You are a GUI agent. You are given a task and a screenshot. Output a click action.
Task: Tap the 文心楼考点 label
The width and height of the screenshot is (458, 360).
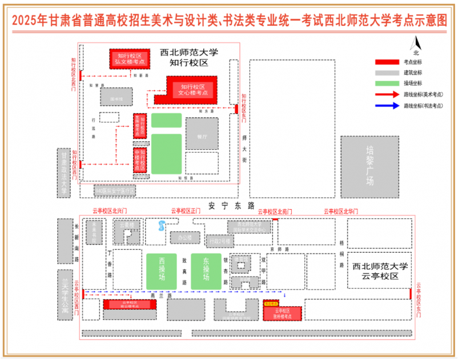pyautogui.click(x=192, y=89)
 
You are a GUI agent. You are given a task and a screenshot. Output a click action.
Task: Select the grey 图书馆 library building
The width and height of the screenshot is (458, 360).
pyautogui.click(x=116, y=98)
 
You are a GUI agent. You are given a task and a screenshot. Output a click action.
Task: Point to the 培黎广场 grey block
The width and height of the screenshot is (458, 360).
pyautogui.click(x=369, y=166)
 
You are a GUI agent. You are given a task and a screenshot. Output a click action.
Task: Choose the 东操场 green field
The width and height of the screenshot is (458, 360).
pyautogui.click(x=205, y=271)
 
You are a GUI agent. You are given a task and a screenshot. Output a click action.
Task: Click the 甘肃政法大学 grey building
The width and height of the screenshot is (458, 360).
pyautogui.click(x=64, y=173)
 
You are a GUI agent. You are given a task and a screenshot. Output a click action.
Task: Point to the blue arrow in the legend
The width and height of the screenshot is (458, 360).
pyautogui.click(x=387, y=106)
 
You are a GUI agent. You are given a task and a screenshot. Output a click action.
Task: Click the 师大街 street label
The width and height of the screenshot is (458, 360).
pyautogui.click(x=244, y=150)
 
